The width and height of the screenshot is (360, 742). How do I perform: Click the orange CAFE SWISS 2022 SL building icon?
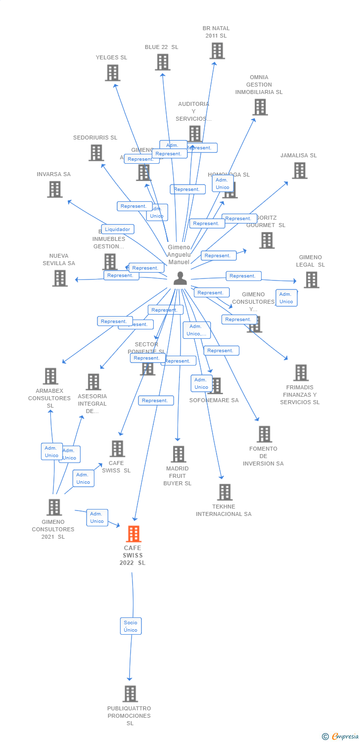[x=134, y=534]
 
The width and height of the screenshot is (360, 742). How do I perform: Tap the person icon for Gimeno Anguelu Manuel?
[x=180, y=278]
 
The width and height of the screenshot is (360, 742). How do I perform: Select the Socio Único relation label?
[x=131, y=626]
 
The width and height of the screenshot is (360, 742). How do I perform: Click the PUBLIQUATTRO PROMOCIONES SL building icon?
[x=130, y=694]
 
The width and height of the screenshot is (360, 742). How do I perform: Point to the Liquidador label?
[x=118, y=229]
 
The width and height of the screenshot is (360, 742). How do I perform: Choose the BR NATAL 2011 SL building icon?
[x=217, y=51]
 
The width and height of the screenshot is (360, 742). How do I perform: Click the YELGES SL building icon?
[x=113, y=73]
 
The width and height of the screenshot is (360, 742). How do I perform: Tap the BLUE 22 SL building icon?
[x=163, y=62]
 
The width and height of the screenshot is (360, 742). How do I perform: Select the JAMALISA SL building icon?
[x=299, y=171]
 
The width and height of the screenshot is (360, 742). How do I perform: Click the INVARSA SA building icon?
[x=55, y=189]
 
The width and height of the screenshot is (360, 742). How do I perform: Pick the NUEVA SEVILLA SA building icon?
[x=60, y=278]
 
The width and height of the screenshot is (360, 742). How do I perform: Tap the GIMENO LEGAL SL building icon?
[x=311, y=279]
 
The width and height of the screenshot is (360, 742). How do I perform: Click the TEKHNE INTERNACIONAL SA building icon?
[x=225, y=492]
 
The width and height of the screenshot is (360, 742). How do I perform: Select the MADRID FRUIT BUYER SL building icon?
[x=178, y=454]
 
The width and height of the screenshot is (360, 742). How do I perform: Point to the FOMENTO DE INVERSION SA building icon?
[x=264, y=434]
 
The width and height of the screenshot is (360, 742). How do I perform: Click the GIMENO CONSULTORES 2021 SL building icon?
[x=54, y=507]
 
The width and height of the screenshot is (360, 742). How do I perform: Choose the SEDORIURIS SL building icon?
[x=96, y=153]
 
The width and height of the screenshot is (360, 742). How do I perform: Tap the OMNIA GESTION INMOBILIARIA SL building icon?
[x=260, y=107]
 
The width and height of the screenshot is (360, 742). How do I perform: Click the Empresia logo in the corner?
[x=340, y=737]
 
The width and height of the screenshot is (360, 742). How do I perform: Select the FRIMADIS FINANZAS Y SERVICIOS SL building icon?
[x=301, y=373]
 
